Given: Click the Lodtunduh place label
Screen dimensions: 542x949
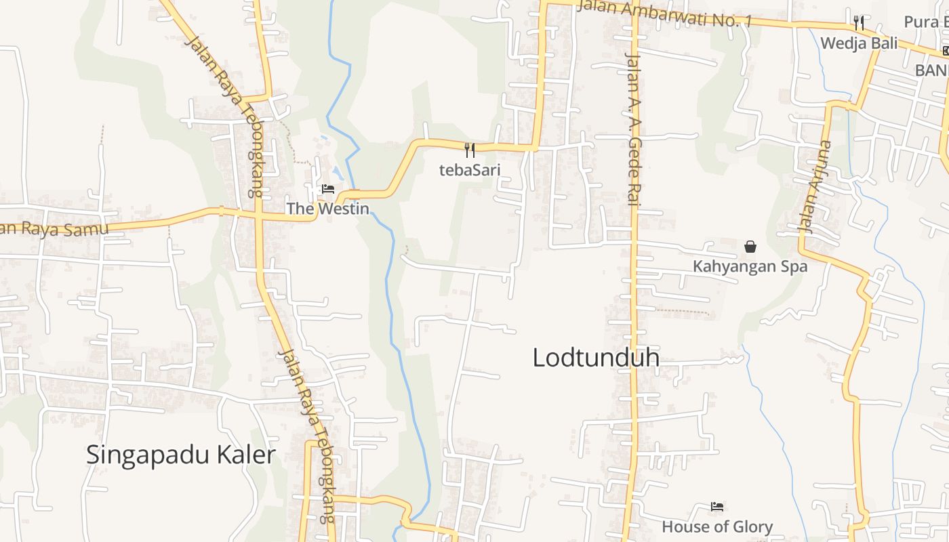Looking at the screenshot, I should click(x=596, y=358).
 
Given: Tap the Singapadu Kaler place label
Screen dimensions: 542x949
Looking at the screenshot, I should click(x=180, y=455).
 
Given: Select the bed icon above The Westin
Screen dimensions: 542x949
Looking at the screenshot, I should click(x=328, y=189).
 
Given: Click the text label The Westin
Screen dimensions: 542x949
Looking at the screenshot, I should click(x=327, y=209).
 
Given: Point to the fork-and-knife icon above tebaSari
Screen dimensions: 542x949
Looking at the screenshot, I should click(x=469, y=150).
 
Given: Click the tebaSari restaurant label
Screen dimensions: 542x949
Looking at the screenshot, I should click(x=469, y=170).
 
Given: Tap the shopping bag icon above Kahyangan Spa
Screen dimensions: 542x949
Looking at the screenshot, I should click(x=750, y=247).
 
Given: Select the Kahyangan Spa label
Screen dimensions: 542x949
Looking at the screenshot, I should click(x=750, y=267).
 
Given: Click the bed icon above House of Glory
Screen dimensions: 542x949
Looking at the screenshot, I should click(x=717, y=506).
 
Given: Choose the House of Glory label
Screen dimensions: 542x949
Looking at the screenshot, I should click(x=717, y=526).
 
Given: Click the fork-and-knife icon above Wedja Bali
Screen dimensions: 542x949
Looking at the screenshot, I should click(x=859, y=23).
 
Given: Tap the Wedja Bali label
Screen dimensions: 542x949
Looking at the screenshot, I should click(x=859, y=43).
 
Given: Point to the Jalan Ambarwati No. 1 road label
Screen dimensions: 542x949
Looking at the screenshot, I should click(x=664, y=14).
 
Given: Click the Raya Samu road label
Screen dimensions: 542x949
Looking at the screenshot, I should click(x=54, y=229).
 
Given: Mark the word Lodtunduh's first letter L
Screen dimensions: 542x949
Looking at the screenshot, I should click(x=539, y=358).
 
